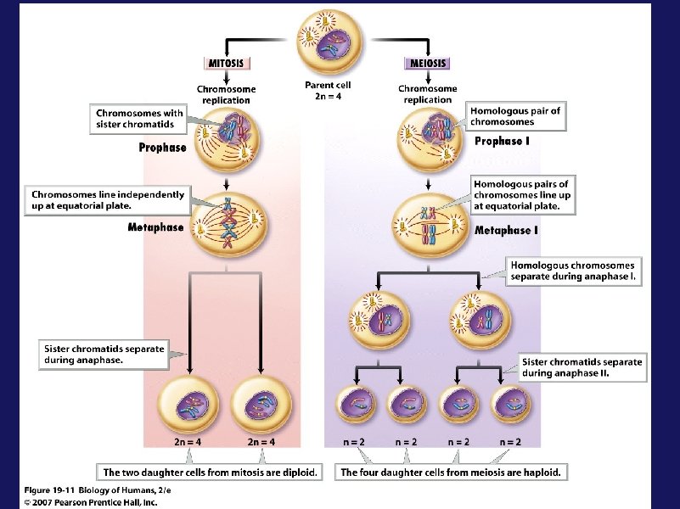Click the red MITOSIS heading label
[x=227, y=62]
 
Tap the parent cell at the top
[x=329, y=40]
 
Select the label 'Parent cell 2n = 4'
[x=328, y=90]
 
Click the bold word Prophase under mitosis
[x=162, y=148]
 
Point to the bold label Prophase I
[x=502, y=141]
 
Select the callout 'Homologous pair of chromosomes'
[x=515, y=116]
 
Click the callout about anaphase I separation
[x=572, y=271]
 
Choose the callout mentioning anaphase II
[x=582, y=367]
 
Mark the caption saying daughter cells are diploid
[x=211, y=473]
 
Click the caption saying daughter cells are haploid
[x=451, y=473]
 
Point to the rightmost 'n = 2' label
[x=510, y=441]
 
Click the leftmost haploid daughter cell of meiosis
[x=357, y=406]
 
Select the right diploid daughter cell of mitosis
[x=260, y=404]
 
